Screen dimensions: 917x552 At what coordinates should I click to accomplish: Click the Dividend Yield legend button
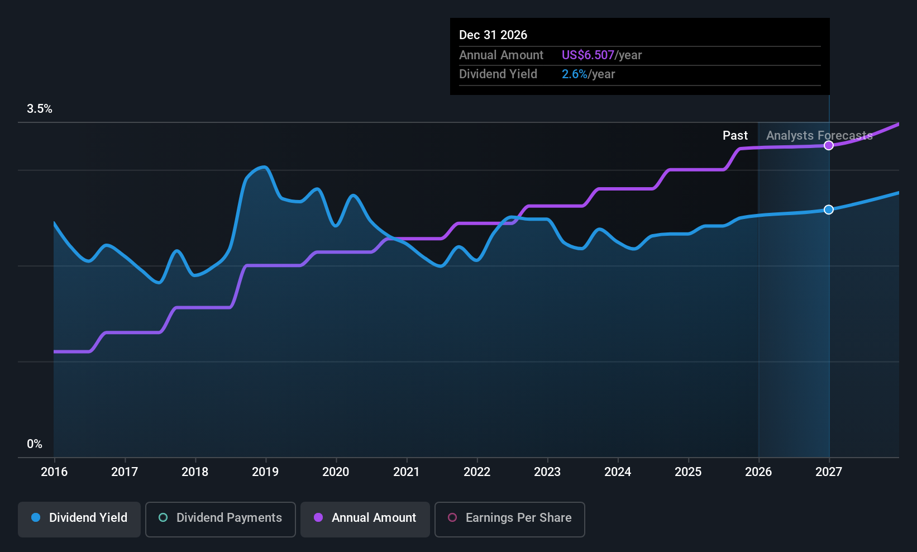tap(79, 519)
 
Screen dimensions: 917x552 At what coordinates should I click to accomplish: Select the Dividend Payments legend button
tap(220, 519)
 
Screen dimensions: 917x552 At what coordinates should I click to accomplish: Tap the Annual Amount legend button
tap(365, 519)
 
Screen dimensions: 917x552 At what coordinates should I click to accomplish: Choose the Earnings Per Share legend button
tap(510, 519)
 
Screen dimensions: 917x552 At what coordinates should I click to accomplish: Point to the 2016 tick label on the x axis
tap(54, 472)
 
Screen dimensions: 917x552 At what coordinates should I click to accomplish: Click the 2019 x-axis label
tap(265, 472)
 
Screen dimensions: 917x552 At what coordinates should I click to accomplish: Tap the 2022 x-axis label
tap(477, 472)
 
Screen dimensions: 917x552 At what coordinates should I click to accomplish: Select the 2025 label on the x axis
tap(688, 472)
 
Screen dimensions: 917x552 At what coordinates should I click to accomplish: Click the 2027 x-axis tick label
tap(829, 472)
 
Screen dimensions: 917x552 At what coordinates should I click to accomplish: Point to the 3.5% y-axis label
tap(39, 109)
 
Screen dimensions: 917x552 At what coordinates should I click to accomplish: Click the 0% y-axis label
tap(35, 444)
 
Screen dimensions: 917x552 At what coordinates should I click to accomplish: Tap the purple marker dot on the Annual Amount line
tap(829, 145)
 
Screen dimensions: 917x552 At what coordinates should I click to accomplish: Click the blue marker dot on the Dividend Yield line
tap(829, 210)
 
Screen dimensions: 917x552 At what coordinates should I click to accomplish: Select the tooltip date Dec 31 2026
tap(493, 35)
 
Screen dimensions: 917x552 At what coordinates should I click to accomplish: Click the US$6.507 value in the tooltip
tap(588, 55)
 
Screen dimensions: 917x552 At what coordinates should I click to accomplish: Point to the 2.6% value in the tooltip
tap(575, 74)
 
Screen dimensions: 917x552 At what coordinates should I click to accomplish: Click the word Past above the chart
tap(735, 135)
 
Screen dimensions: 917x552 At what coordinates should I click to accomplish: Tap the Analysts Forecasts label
tap(819, 135)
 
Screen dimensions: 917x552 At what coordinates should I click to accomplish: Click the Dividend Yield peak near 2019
tap(265, 166)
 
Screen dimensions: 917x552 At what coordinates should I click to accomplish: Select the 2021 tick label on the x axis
tap(407, 472)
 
